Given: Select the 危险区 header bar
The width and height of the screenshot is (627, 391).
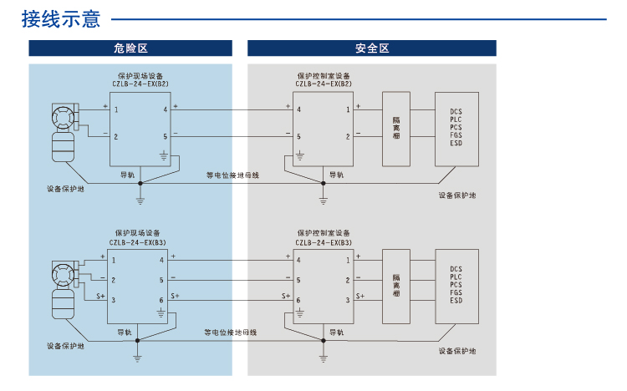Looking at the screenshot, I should [x=130, y=48].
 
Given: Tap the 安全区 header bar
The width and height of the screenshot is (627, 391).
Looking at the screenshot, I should [x=371, y=48].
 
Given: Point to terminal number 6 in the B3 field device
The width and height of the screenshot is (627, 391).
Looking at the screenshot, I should [x=162, y=299].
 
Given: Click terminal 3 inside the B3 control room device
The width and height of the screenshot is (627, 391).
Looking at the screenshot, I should [x=347, y=299].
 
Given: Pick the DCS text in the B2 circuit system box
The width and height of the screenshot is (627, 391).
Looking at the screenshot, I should [x=456, y=111].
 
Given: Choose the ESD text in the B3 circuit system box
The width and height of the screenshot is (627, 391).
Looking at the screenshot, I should [x=456, y=300].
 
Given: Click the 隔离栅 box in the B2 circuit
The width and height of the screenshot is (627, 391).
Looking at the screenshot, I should [x=396, y=127].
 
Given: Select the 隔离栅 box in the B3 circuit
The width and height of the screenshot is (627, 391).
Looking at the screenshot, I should [x=396, y=286].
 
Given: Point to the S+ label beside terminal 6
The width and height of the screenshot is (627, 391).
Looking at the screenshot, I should [x=175, y=296].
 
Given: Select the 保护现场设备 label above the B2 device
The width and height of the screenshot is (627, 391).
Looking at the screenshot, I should [x=139, y=75].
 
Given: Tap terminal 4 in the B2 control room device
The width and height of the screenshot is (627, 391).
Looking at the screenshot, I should [x=298, y=109].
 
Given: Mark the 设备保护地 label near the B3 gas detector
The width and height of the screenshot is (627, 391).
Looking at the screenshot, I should [x=65, y=346].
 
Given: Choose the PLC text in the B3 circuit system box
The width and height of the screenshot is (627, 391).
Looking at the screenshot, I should [x=456, y=277].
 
